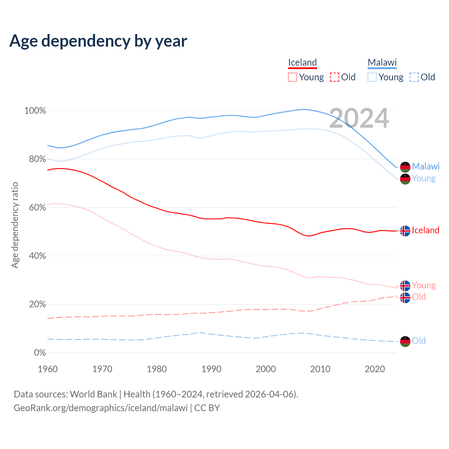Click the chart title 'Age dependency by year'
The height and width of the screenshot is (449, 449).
pyautogui.click(x=98, y=41)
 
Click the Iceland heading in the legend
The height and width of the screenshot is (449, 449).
pyautogui.click(x=302, y=62)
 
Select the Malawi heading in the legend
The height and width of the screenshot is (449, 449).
pyautogui.click(x=382, y=62)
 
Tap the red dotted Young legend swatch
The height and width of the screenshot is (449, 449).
pyautogui.click(x=292, y=77)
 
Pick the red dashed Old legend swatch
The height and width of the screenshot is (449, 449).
pyautogui.click(x=335, y=77)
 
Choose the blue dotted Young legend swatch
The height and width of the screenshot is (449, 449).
pyautogui.click(x=372, y=77)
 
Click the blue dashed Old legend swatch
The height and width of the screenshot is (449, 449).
pyautogui.click(x=414, y=77)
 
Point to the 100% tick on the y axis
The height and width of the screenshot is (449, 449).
pyautogui.click(x=35, y=111)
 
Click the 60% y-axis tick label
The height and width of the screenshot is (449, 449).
pyautogui.click(x=37, y=208)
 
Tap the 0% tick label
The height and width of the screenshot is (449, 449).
pyautogui.click(x=40, y=353)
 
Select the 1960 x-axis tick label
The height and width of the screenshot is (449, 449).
pyautogui.click(x=48, y=369)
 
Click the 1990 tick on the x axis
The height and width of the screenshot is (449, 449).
pyautogui.click(x=211, y=369)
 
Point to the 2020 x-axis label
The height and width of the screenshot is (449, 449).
pyautogui.click(x=375, y=369)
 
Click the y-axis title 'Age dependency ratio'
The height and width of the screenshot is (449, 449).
pyautogui.click(x=15, y=225)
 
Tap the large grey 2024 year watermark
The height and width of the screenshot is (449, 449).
pyautogui.click(x=359, y=118)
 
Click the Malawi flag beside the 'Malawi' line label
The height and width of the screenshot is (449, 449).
pyautogui.click(x=405, y=167)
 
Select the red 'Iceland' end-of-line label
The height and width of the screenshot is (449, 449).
pyautogui.click(x=425, y=230)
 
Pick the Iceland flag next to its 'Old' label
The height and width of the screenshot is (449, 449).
pyautogui.click(x=405, y=297)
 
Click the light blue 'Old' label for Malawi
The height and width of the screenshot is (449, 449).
pyautogui.click(x=418, y=341)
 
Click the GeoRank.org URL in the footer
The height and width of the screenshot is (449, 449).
pyautogui.click(x=101, y=408)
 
